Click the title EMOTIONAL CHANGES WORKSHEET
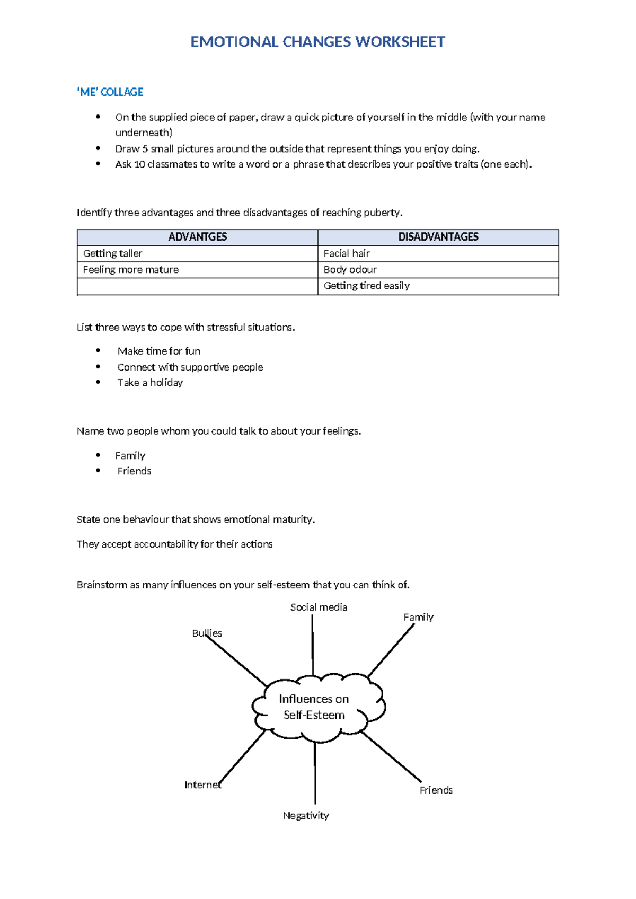tap(317, 42)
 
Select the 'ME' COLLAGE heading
tap(110, 92)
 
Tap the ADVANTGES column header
tap(197, 237)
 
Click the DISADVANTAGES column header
tap(438, 237)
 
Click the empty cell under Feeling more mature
tap(197, 286)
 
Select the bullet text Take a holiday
tap(150, 383)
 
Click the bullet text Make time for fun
tap(159, 351)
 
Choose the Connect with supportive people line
tap(190, 367)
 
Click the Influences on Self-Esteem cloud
tap(314, 707)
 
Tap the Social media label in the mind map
tap(319, 607)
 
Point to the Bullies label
tap(207, 633)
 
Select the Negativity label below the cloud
tap(306, 816)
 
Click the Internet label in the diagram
tap(202, 785)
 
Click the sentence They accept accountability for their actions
tap(174, 544)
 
